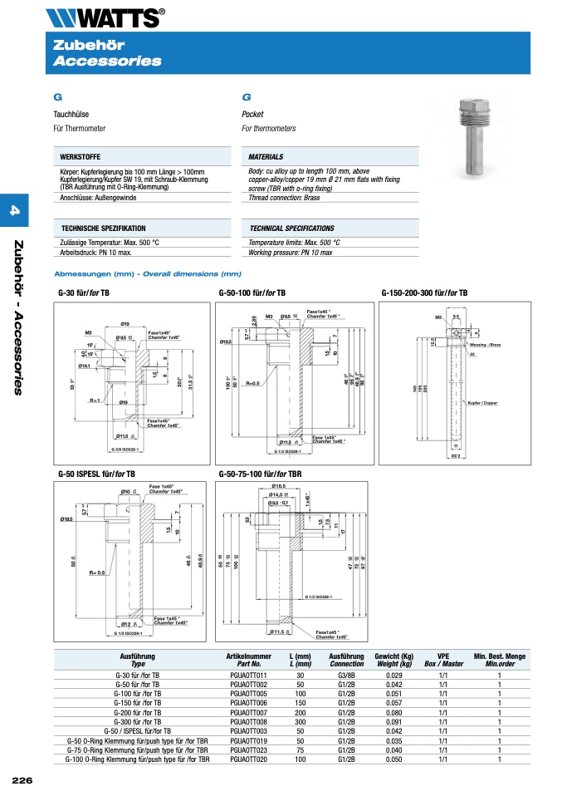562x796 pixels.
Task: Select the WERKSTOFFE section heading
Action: click(81, 156)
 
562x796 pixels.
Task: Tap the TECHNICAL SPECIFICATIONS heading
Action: click(291, 228)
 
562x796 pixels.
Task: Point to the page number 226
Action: click(22, 780)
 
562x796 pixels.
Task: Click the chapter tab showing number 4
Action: click(14, 212)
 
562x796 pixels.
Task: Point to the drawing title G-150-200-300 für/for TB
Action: click(424, 293)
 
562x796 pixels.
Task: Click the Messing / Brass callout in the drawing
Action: click(485, 344)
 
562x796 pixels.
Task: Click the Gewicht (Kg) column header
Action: click(393, 656)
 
